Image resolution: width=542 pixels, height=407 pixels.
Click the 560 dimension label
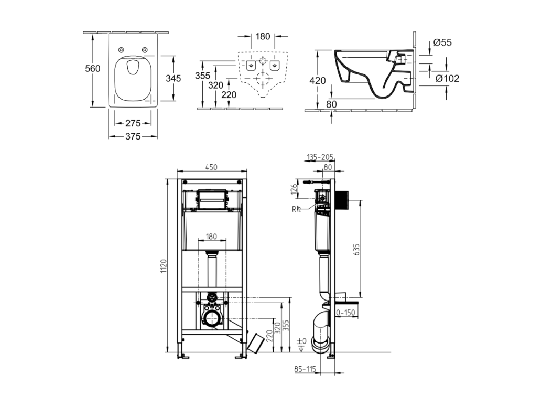93,69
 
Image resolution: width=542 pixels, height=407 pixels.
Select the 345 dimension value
173,79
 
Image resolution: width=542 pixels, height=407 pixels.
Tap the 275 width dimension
133,123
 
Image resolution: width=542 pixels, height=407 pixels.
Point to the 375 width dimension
133,136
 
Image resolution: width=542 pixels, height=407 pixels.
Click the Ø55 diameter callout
442,42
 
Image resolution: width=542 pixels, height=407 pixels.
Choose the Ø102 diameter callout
448,79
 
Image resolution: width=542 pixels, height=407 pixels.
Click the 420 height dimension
317,81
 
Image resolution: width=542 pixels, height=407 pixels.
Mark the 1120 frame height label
164,266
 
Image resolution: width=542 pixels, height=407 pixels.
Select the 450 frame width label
211,167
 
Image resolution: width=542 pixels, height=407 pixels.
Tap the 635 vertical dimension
356,250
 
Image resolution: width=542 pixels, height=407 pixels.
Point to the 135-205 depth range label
320,158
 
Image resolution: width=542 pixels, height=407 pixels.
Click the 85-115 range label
305,369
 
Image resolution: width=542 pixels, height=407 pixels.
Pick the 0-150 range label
345,313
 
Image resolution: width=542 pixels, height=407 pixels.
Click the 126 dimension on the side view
294,189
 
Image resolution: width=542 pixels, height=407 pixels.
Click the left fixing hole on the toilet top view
121,50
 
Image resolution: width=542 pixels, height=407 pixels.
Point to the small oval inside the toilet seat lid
133,68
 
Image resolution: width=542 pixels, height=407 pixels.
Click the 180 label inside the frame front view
211,237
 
